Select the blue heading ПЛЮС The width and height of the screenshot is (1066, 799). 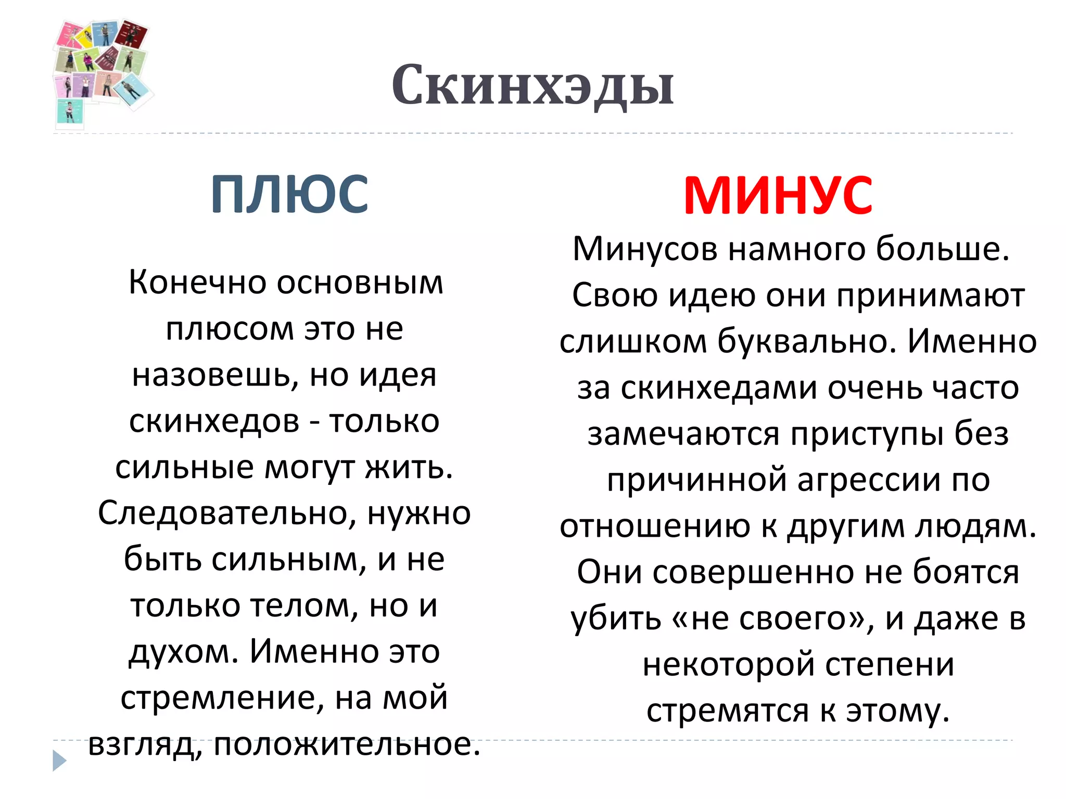click(x=289, y=195)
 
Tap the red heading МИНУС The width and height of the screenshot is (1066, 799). click(x=778, y=196)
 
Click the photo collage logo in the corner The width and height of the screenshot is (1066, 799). click(x=102, y=73)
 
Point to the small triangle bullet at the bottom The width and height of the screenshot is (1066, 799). click(x=59, y=761)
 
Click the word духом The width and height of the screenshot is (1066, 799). click(x=182, y=652)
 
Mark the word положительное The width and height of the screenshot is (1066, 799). click(x=347, y=744)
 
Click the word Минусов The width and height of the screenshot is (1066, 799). click(x=645, y=249)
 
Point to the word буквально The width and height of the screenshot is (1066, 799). click(x=806, y=342)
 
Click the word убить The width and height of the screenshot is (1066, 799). click(x=616, y=619)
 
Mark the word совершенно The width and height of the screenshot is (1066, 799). click(x=753, y=572)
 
